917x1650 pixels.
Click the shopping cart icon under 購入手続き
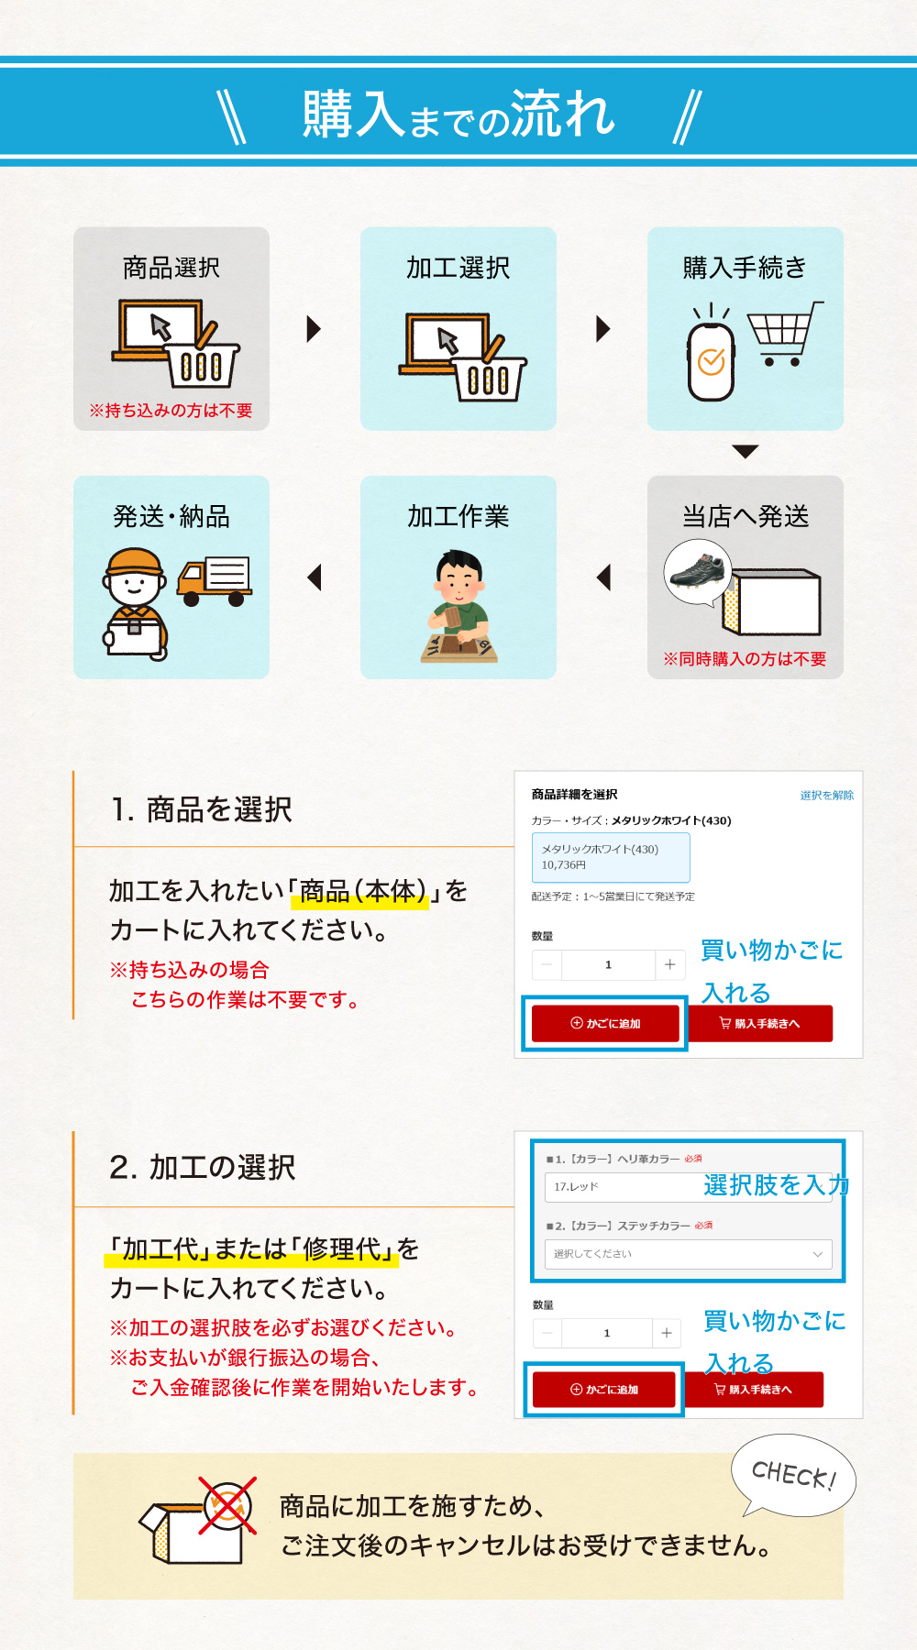tap(784, 334)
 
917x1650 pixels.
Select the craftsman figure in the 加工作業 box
tap(458, 605)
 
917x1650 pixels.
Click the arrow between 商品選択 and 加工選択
tap(314, 328)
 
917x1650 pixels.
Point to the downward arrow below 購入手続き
tap(746, 451)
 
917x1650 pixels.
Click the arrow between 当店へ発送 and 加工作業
tap(603, 577)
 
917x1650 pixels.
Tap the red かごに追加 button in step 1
tap(605, 1023)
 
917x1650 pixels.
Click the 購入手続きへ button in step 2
tap(755, 1390)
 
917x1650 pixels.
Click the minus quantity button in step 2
tap(547, 1333)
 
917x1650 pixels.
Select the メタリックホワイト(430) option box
tap(611, 857)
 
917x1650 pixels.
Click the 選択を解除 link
tap(826, 795)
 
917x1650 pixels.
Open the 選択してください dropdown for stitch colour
tap(688, 1254)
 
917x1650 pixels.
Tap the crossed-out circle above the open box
tap(228, 1505)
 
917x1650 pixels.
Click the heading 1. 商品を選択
tap(201, 809)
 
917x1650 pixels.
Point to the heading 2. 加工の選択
tap(202, 1167)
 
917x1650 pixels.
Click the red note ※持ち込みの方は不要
tap(171, 411)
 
